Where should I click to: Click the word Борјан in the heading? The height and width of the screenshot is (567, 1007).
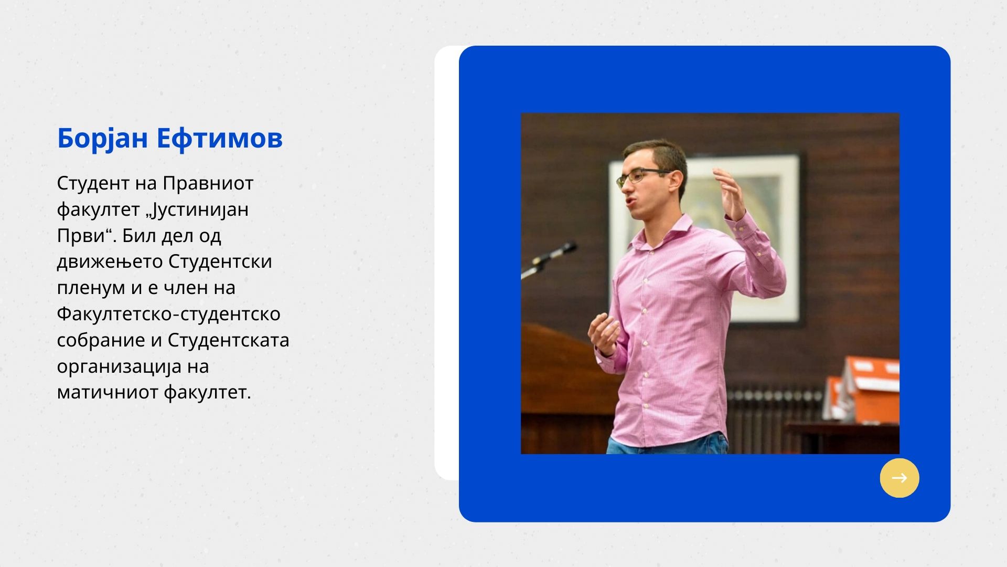[102, 139]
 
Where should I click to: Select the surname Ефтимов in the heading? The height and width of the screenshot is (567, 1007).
[220, 138]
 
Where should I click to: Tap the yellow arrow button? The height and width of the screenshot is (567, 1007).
[899, 478]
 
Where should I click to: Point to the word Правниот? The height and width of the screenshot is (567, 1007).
[208, 183]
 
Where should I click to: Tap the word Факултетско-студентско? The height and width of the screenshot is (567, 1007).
[169, 314]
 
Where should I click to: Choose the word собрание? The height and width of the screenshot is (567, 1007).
[101, 341]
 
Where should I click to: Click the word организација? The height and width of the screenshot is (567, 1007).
[119, 367]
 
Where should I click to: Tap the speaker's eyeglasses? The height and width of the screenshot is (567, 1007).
[643, 177]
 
